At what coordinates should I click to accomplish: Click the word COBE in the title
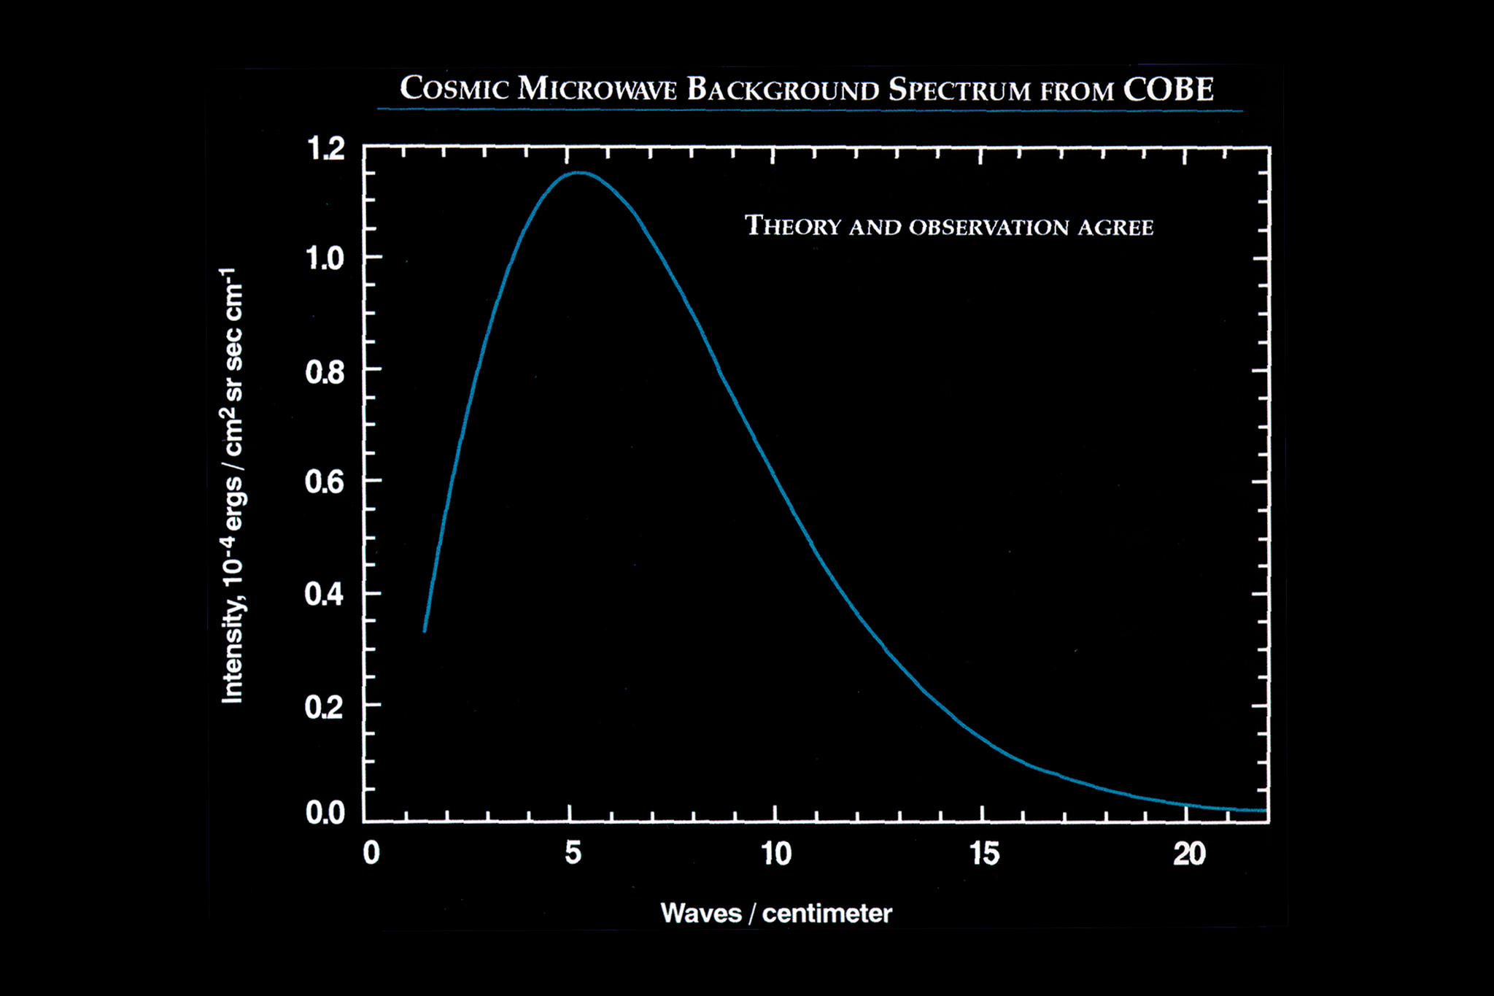(x=1168, y=90)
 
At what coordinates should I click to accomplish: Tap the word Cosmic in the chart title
(x=454, y=89)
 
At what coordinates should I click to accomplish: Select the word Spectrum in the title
(x=959, y=90)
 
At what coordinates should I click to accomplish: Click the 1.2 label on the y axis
(x=325, y=149)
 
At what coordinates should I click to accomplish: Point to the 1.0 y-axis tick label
(x=325, y=258)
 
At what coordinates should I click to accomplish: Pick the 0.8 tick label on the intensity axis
(x=325, y=372)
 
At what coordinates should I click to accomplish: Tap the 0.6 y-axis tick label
(x=325, y=482)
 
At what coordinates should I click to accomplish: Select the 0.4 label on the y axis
(x=325, y=595)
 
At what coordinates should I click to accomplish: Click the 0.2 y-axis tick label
(x=325, y=706)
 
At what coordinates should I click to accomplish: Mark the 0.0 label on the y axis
(x=325, y=812)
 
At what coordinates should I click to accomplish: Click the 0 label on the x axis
(x=371, y=852)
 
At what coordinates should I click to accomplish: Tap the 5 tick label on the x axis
(x=573, y=852)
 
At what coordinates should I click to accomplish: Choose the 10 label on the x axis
(x=776, y=853)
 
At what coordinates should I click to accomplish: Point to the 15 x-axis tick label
(x=984, y=853)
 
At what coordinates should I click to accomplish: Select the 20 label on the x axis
(x=1189, y=853)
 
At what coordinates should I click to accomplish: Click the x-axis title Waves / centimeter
(x=776, y=913)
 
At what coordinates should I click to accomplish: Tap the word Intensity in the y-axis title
(x=232, y=649)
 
